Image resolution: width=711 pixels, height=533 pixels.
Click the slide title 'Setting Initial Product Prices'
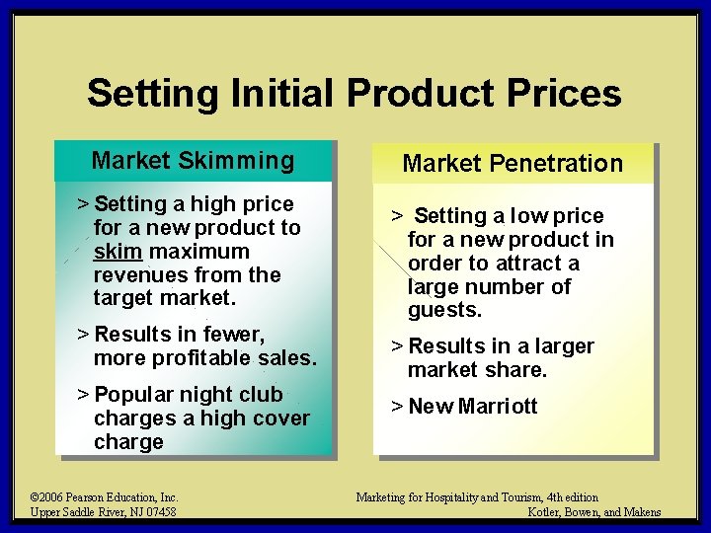tap(354, 94)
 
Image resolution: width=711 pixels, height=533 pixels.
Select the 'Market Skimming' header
tap(193, 161)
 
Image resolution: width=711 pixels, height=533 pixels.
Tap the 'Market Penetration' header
tap(513, 164)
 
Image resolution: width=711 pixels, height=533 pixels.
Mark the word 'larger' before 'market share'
tap(562, 346)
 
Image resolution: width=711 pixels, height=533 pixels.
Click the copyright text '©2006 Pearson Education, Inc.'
tap(104, 497)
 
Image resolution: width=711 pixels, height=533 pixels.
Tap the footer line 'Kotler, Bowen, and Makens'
tap(594, 511)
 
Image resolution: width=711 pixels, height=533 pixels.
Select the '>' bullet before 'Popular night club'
tap(83, 395)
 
